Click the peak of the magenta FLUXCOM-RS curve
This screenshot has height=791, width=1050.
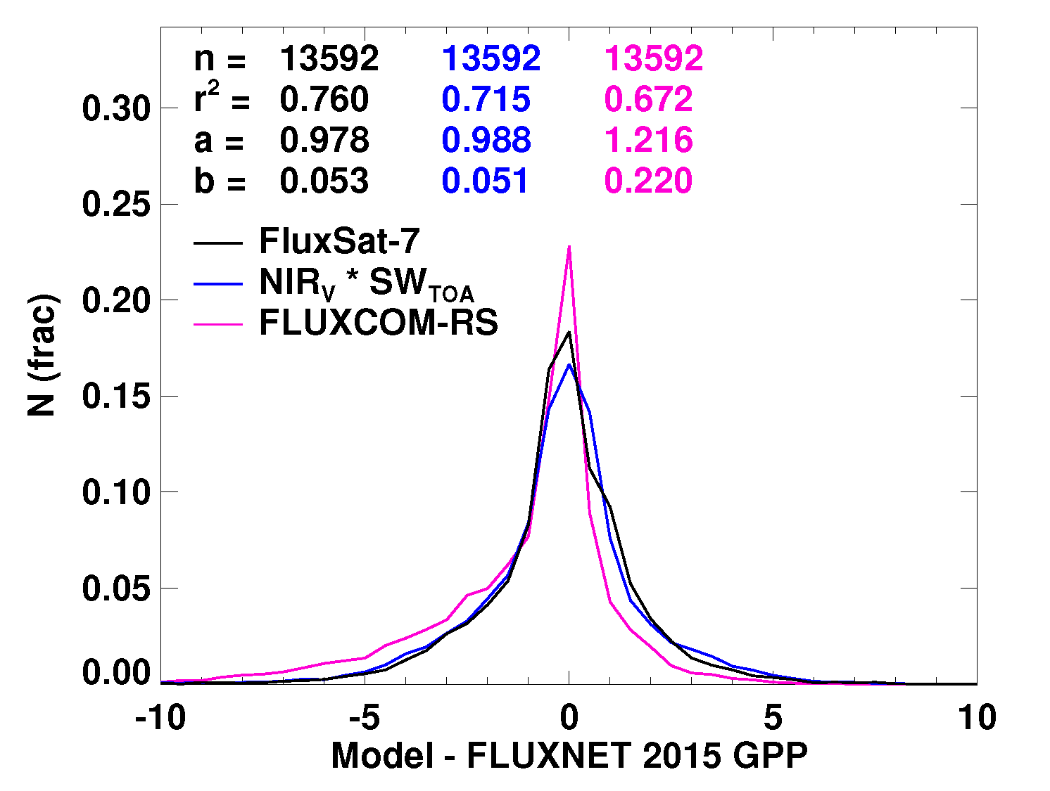pyautogui.click(x=569, y=247)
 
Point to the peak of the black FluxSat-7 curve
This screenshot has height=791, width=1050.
pyautogui.click(x=568, y=332)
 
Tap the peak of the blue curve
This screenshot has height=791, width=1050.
pyautogui.click(x=568, y=364)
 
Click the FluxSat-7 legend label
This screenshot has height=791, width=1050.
pyautogui.click(x=339, y=241)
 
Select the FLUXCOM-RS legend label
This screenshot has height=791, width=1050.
pyautogui.click(x=379, y=323)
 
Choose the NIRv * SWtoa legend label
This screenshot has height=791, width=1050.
pyautogui.click(x=366, y=283)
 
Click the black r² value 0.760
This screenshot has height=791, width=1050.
pyautogui.click(x=324, y=99)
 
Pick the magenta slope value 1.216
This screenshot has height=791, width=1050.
pyautogui.click(x=649, y=140)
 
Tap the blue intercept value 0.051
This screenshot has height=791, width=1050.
pyautogui.click(x=485, y=181)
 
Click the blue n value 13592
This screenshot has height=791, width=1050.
pyautogui.click(x=491, y=58)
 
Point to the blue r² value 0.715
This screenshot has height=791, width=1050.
pyautogui.click(x=486, y=99)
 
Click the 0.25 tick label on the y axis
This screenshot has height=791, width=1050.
pyautogui.click(x=116, y=205)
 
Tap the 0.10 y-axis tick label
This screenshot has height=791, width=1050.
pyautogui.click(x=116, y=492)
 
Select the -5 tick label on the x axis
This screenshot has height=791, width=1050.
pyautogui.click(x=365, y=718)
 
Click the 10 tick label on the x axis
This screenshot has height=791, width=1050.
pyautogui.click(x=976, y=718)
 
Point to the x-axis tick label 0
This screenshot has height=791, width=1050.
pyautogui.click(x=569, y=718)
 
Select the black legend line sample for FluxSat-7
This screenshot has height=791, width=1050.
pyautogui.click(x=218, y=242)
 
